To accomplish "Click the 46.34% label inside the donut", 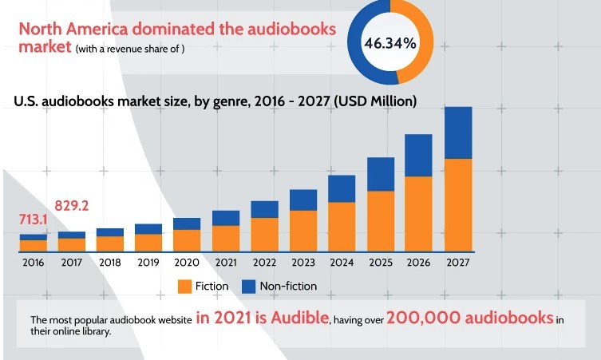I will pyautogui.click(x=390, y=43).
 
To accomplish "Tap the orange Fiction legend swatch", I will pyautogui.click(x=184, y=286).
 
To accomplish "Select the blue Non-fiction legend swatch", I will pyautogui.click(x=247, y=286).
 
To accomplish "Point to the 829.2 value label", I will pyautogui.click(x=71, y=206).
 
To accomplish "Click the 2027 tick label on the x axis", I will pyautogui.click(x=457, y=263).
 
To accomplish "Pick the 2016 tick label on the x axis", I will pyautogui.click(x=34, y=263).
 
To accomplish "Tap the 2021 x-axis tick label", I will pyautogui.click(x=226, y=263).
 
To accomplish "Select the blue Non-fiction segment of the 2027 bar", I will pyautogui.click(x=457, y=133).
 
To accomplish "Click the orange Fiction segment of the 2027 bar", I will pyautogui.click(x=457, y=204).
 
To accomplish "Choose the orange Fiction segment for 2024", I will pyautogui.click(x=342, y=226).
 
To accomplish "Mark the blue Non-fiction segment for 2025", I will pyautogui.click(x=381, y=174).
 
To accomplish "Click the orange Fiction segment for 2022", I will pyautogui.click(x=264, y=234).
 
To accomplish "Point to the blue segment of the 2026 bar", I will pyautogui.click(x=419, y=155).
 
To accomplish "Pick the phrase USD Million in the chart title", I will pyautogui.click(x=374, y=102).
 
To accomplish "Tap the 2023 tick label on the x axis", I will pyautogui.click(x=303, y=263).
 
